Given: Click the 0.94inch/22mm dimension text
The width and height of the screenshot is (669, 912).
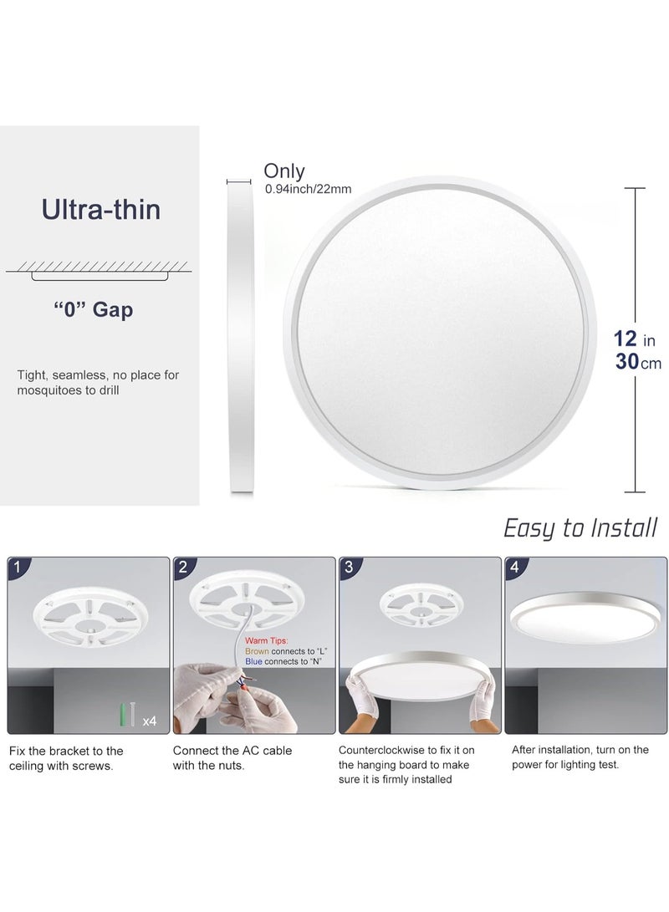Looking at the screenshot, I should coord(308,189).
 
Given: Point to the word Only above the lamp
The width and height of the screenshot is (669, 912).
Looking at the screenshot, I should coord(284,171).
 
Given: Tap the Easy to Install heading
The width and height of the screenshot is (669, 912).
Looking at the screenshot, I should coord(580,527).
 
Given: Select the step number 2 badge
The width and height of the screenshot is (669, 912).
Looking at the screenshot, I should coord(182,567).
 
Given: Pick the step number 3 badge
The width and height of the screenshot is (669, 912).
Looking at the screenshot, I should coord(349,567).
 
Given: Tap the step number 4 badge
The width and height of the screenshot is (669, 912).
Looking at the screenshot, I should coord(514,567).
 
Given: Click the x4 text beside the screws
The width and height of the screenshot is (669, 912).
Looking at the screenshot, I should coord(150,720).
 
